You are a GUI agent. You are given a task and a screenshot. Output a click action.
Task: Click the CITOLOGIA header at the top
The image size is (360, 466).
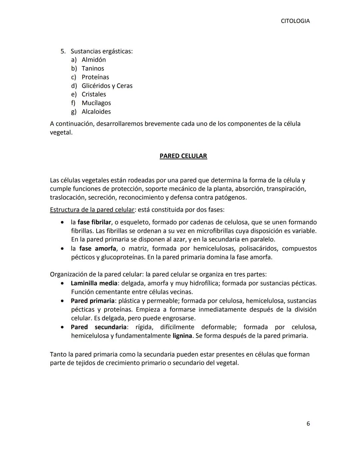pos(295,21)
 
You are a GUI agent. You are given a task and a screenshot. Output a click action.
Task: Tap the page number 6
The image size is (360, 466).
pos(308,424)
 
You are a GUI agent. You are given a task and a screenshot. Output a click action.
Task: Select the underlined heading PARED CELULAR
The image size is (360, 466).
pos(183,156)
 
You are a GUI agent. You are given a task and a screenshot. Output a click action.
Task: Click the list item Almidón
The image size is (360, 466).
pos(94,60)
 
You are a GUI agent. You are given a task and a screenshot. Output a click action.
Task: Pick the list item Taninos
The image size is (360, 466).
pos(93,68)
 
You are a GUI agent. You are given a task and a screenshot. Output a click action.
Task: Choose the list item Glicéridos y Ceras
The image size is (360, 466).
pos(107,86)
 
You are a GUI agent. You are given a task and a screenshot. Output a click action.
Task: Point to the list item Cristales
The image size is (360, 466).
pos(94,94)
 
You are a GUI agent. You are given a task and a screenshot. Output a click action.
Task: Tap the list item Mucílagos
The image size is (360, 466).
pos(96,103)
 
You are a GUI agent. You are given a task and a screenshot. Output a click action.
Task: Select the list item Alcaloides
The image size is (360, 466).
pos(96,112)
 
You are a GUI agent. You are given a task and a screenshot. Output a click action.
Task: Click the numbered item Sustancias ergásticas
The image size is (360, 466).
pos(101,51)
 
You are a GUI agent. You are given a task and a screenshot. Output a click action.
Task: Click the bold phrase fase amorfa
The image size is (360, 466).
pos(98,249)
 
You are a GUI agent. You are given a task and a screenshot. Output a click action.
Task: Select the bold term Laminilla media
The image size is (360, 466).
pos(94,283)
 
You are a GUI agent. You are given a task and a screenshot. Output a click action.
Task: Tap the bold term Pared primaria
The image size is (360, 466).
pos(92,301)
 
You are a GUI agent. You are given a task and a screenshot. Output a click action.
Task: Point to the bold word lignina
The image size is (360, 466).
pos(182,336)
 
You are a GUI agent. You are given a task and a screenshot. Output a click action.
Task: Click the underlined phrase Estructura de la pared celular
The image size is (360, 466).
pos(92,210)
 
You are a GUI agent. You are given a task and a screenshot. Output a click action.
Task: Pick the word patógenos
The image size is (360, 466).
pos(230,197)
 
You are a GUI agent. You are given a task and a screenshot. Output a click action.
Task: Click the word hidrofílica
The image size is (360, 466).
pos(204,283)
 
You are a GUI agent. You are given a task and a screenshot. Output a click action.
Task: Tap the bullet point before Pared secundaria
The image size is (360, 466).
pos(62,327)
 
